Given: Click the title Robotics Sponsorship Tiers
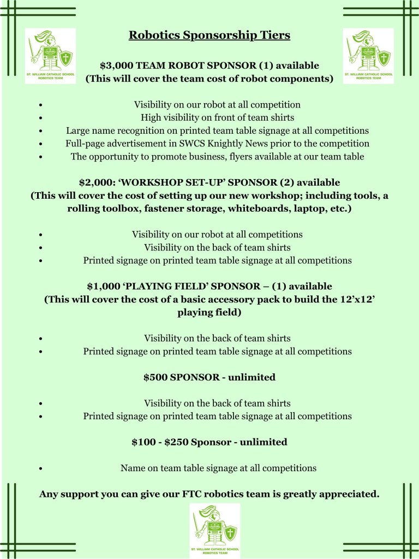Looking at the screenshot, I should pos(209,35).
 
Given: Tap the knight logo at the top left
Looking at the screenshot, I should pos(50,56).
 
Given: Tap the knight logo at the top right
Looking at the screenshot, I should pos(368,56).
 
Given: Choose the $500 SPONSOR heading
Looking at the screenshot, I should pos(209,377).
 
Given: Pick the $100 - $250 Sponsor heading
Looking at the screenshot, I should pos(209,442).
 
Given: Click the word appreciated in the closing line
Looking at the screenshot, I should pos(349,495).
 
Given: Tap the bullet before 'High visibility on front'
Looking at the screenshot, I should pos(41,118).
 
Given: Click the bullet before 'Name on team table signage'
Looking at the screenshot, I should pos(41,469).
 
